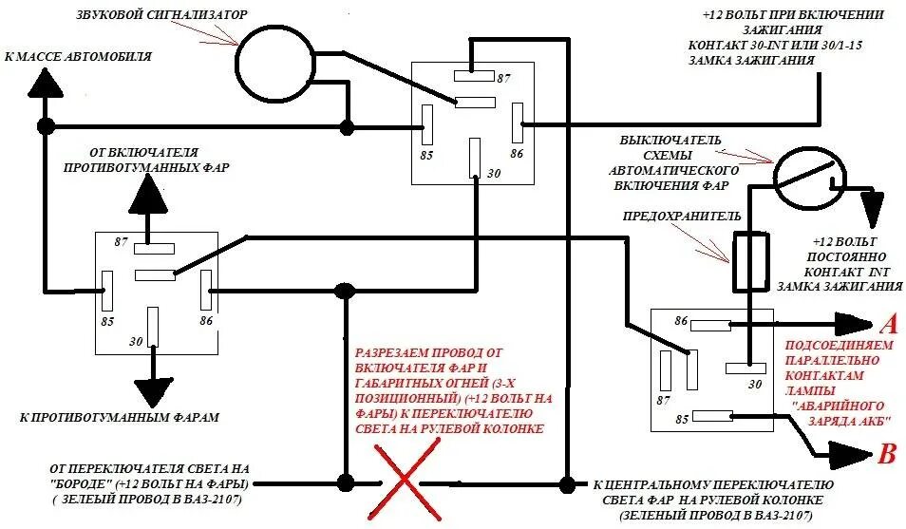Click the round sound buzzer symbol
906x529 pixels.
[x=274, y=64]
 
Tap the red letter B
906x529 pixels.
[x=887, y=454]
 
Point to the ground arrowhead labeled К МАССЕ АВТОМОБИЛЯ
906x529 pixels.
[x=44, y=83]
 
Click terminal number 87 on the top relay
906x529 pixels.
[x=503, y=78]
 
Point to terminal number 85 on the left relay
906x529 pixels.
[x=107, y=321]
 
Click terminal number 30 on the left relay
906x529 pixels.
[x=135, y=341]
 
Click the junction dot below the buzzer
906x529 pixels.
[x=348, y=126]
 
